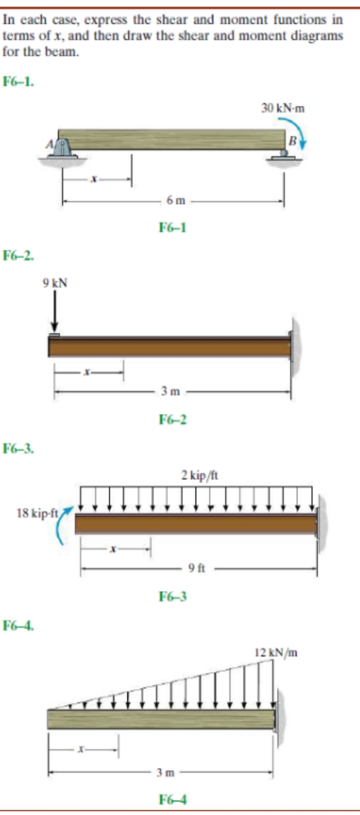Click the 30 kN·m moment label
283,108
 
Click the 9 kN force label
55,283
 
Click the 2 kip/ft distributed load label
200,475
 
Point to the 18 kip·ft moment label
37,513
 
